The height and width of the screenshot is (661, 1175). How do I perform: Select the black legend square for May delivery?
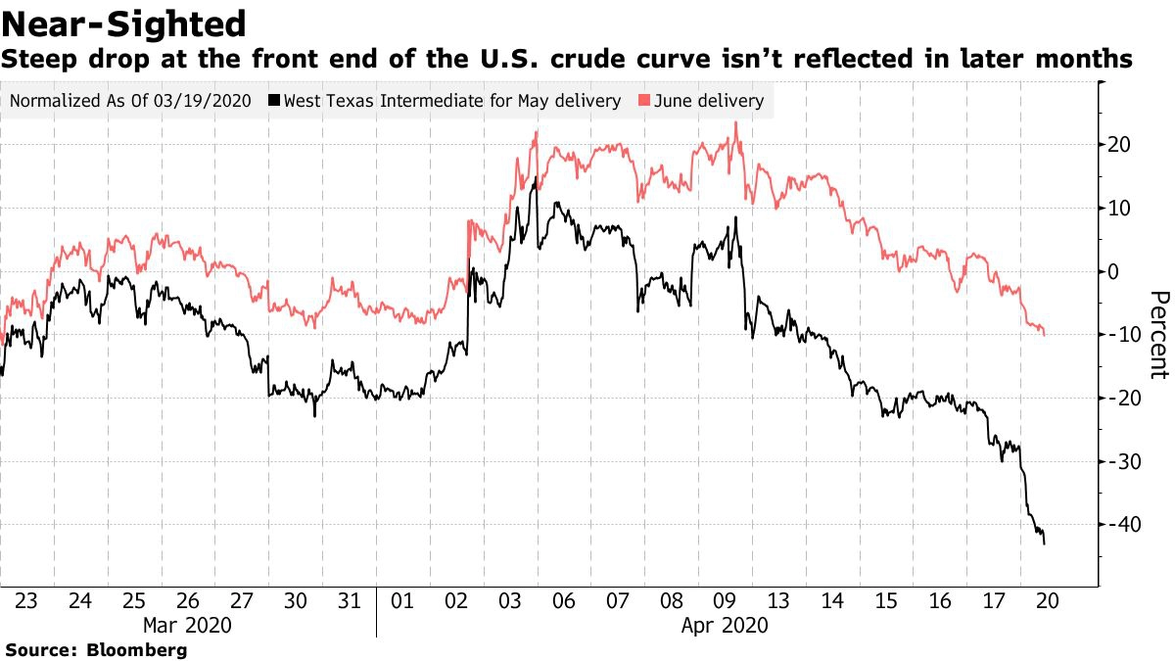pos(276,101)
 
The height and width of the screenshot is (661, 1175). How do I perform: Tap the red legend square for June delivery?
pos(644,101)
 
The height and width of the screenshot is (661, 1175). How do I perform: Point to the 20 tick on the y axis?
pos(1119,145)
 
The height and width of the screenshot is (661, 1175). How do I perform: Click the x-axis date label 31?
pos(348,599)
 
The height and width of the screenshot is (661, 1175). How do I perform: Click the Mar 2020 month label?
pos(187,625)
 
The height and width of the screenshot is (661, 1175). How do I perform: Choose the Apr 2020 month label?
pos(725,625)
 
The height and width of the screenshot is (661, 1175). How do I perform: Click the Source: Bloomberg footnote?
pos(96,649)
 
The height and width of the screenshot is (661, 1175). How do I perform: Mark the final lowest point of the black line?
pos(1045,543)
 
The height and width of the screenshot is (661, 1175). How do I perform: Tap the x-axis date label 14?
pos(833,599)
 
